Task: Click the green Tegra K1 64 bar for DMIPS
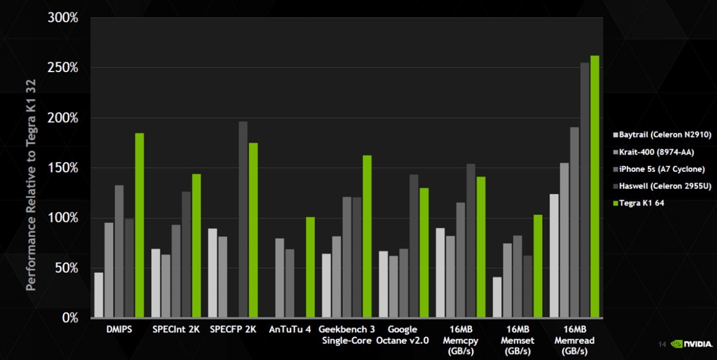point(140,225)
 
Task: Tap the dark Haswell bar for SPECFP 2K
point(243,219)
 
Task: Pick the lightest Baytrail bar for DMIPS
point(99,295)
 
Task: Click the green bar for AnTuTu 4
point(310,267)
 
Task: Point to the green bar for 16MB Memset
point(538,266)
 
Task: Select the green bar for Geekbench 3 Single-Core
point(367,237)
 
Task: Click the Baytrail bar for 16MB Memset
point(497,297)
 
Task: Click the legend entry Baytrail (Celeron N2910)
point(662,135)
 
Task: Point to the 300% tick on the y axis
point(63,18)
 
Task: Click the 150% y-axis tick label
point(63,168)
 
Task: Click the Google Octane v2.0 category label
point(402,335)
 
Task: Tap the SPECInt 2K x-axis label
point(176,330)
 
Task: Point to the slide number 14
point(662,344)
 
